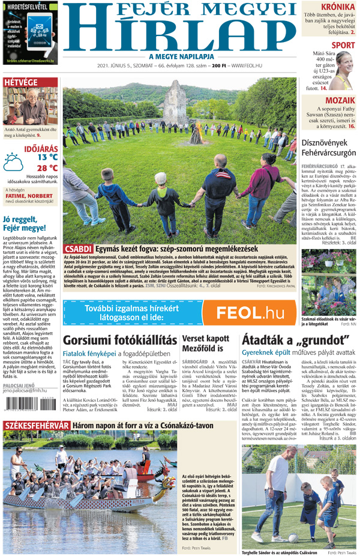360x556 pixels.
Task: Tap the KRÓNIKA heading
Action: tap(337, 7)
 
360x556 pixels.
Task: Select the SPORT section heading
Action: tap(343, 45)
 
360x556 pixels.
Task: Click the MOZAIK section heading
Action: tap(340, 101)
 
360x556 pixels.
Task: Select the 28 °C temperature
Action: tap(47, 168)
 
